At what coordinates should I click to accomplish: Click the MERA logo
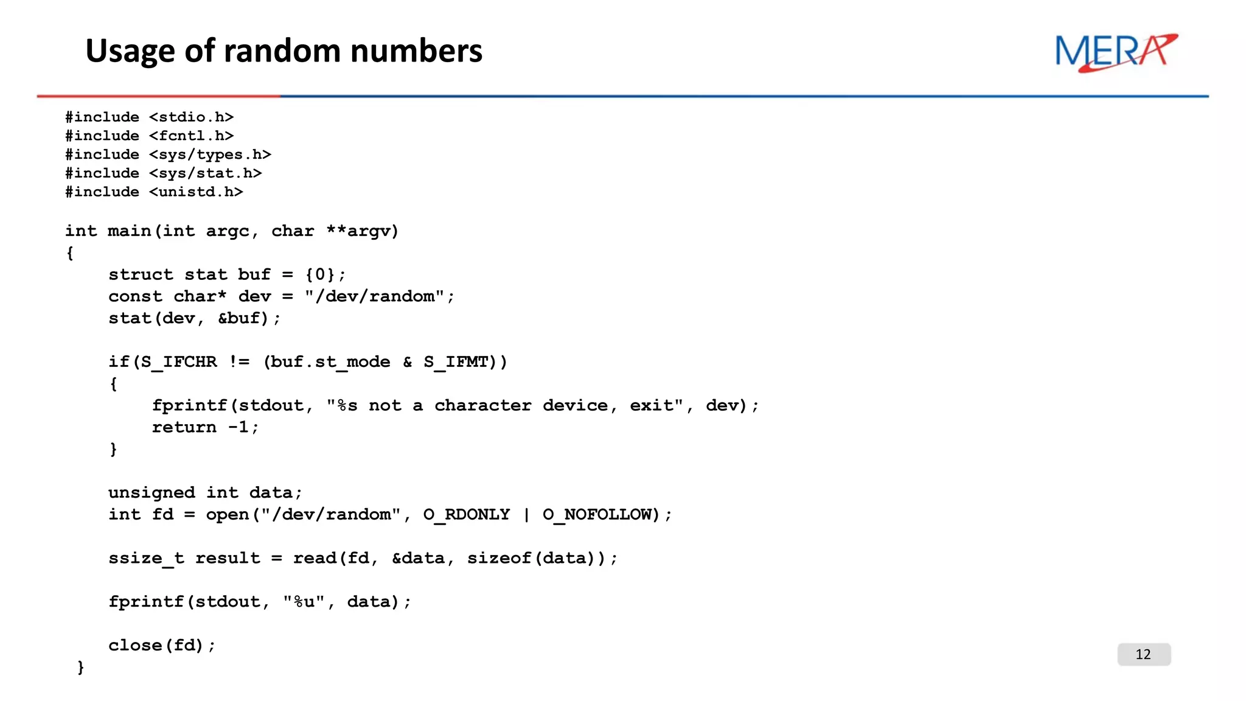pos(1116,52)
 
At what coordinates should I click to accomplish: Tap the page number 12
pos(1143,654)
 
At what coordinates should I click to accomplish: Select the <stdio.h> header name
pos(191,117)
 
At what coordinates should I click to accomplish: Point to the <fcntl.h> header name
pos(191,136)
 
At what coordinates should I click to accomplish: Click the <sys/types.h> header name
pos(210,155)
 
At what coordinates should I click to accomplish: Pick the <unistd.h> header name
pos(196,192)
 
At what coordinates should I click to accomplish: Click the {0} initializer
pos(320,274)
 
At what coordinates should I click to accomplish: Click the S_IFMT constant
pos(456,362)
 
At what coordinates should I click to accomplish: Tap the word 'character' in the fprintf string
pos(482,406)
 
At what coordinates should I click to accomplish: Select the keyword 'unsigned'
pos(151,492)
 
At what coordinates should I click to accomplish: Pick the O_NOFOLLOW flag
pos(596,515)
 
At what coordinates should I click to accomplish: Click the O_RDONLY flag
pos(467,515)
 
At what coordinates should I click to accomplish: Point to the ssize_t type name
pos(146,558)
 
